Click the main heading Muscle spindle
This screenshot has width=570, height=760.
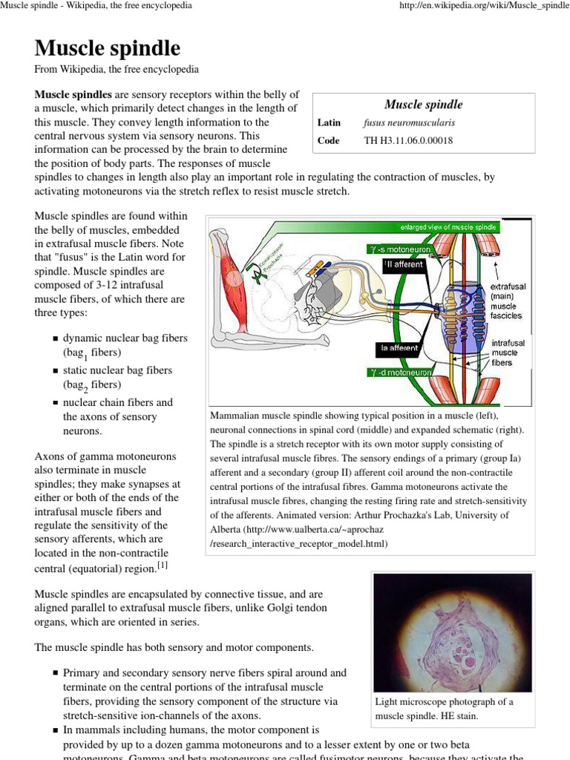click(x=108, y=49)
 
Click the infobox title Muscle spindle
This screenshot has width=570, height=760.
click(x=423, y=105)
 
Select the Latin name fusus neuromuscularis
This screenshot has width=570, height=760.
click(x=409, y=122)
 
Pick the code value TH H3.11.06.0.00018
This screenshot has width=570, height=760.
click(x=408, y=140)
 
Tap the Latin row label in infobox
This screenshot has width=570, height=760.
click(x=329, y=122)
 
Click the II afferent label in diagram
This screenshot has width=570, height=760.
click(x=404, y=264)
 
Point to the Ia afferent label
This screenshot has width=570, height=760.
click(x=400, y=347)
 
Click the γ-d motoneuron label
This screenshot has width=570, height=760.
click(x=400, y=372)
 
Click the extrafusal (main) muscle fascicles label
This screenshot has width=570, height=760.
click(x=506, y=301)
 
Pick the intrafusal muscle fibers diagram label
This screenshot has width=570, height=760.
click(x=508, y=353)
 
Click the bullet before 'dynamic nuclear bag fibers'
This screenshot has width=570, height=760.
click(x=55, y=338)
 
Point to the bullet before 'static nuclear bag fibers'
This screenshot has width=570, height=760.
click(x=55, y=370)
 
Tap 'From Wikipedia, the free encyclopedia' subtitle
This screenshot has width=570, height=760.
click(x=117, y=70)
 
